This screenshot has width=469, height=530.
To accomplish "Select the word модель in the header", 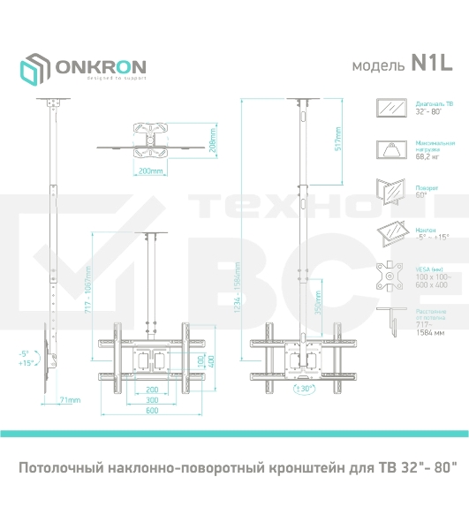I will pyautogui.click(x=378, y=65).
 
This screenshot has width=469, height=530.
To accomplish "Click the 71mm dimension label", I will pyautogui.click(x=70, y=399).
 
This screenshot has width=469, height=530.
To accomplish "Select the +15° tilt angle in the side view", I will pyautogui.click(x=23, y=362).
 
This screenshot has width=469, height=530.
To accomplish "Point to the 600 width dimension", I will pyautogui.click(x=152, y=410).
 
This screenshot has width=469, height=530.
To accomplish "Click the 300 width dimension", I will pyautogui.click(x=152, y=398).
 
